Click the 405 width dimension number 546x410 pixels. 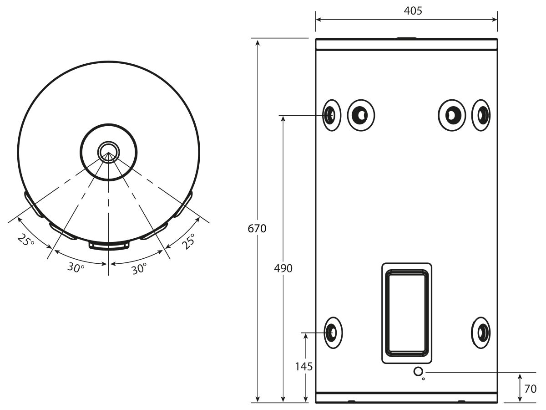(413, 10)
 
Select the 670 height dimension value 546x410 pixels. (257, 229)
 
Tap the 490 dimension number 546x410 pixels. (283, 268)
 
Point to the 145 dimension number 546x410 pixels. (303, 367)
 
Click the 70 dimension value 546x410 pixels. (531, 389)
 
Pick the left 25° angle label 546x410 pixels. (26, 240)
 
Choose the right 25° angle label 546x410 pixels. (188, 241)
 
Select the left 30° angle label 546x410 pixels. (76, 267)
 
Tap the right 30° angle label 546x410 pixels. (139, 269)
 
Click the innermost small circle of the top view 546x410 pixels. (108, 152)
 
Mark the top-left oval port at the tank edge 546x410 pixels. (332, 115)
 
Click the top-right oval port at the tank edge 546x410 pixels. (481, 115)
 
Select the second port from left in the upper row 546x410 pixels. (361, 115)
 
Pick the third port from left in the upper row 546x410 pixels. (452, 115)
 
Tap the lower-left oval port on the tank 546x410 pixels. (334, 333)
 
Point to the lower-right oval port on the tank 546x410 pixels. (481, 333)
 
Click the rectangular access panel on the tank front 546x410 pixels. (407, 313)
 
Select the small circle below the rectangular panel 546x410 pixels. (418, 372)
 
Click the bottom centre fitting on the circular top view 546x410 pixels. (109, 245)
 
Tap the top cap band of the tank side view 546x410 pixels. (406, 44)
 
